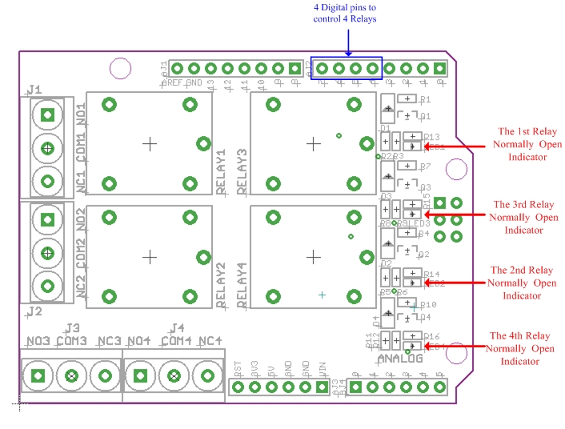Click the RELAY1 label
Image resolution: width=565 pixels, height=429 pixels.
pyautogui.click(x=222, y=171)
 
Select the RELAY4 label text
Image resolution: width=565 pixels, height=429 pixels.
pyautogui.click(x=242, y=284)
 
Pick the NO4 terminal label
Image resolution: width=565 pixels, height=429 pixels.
pyautogui.click(x=138, y=342)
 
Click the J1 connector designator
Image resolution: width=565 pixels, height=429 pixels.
pyautogui.click(x=34, y=88)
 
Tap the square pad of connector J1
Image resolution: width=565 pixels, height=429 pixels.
pyautogui.click(x=48, y=114)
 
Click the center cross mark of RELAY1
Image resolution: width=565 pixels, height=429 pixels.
pyautogui.click(x=150, y=143)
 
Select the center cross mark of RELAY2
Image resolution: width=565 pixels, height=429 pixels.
pyautogui.click(x=150, y=256)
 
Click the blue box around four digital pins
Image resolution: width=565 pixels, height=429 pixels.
pyautogui.click(x=347, y=69)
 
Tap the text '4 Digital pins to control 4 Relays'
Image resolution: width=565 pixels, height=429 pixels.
pyautogui.click(x=344, y=14)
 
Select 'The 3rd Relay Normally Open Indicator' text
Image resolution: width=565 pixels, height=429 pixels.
pyautogui.click(x=523, y=217)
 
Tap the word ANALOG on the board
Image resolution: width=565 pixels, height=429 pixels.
pyautogui.click(x=400, y=359)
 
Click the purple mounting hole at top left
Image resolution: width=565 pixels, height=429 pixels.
pyautogui.click(x=121, y=68)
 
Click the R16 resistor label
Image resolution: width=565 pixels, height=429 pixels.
pyautogui.click(x=431, y=336)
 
